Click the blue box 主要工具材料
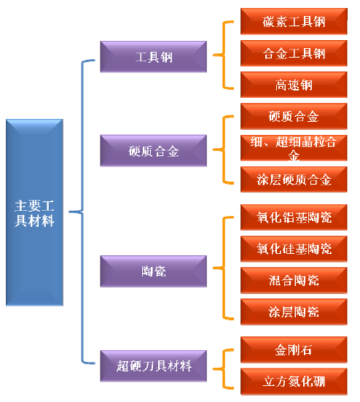click(34, 212)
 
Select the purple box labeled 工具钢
click(153, 56)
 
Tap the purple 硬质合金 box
click(153, 150)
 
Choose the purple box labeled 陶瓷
click(153, 271)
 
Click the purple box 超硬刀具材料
click(153, 366)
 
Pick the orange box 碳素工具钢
click(294, 21)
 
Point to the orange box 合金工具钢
click(294, 53)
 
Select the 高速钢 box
click(294, 85)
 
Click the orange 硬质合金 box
click(294, 116)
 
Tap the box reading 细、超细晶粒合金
click(294, 147)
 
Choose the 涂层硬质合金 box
click(294, 179)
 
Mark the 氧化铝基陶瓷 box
click(294, 217)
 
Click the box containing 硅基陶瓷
click(294, 249)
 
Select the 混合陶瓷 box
click(294, 280)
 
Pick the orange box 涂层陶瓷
click(294, 312)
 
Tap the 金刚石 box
click(294, 349)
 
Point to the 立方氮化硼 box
click(294, 382)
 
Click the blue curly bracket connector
click(82, 212)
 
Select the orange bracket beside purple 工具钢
click(223, 55)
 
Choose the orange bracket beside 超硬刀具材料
click(223, 369)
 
